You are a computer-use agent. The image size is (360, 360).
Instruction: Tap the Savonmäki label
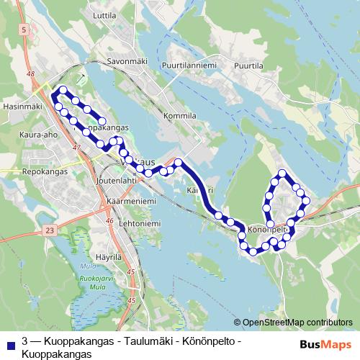click(x=127, y=61)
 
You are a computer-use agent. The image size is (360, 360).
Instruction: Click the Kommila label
click(x=180, y=115)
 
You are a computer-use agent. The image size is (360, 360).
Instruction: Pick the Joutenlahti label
click(x=117, y=181)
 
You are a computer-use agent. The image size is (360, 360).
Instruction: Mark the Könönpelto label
click(x=268, y=230)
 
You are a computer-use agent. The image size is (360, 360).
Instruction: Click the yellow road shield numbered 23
click(x=49, y=230)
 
